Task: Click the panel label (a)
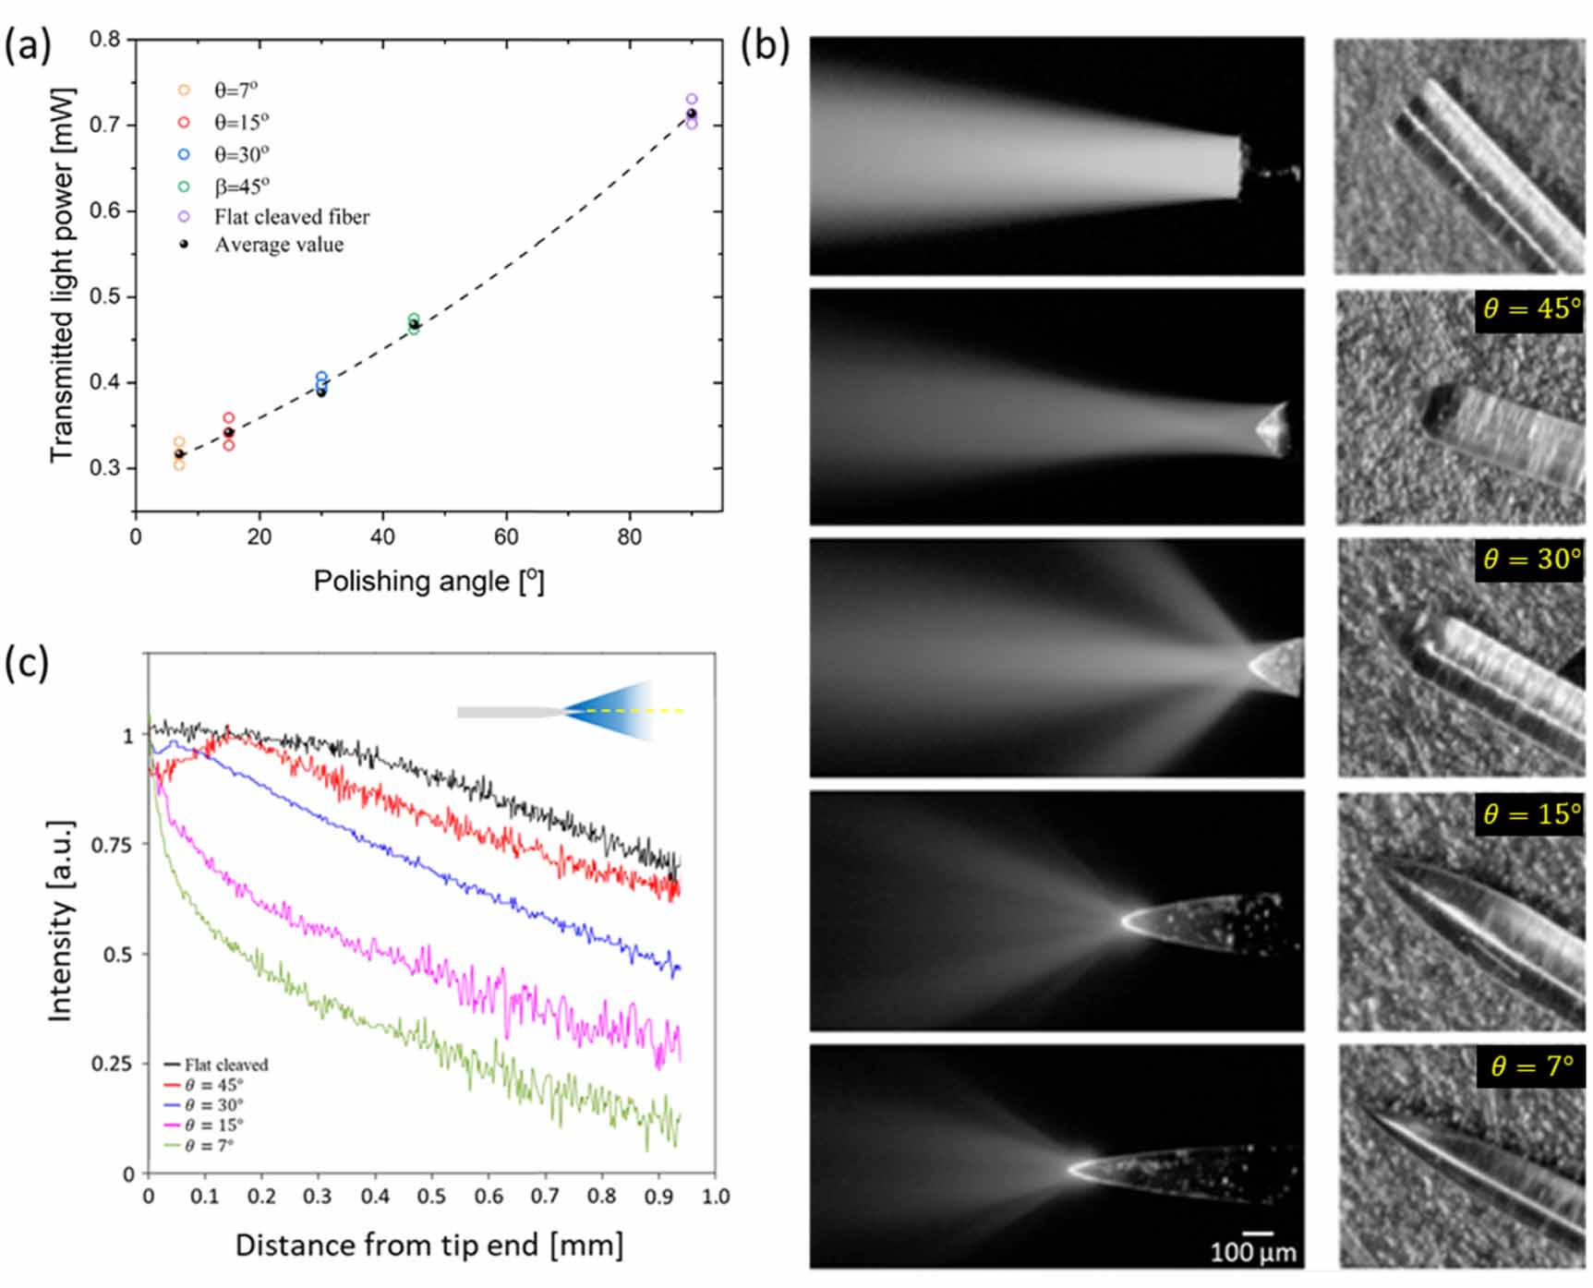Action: pos(27,44)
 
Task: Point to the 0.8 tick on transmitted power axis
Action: pos(104,40)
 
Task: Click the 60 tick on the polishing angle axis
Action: pos(506,537)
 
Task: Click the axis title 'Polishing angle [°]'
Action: pos(428,582)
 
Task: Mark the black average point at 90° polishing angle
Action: pos(692,114)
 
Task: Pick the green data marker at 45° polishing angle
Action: pos(414,319)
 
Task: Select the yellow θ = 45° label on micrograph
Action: pos(1530,309)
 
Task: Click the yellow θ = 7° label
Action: pos(1530,1066)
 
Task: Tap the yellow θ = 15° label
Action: pos(1530,814)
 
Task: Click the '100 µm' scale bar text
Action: pos(1253,1253)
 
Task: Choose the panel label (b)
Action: pos(765,44)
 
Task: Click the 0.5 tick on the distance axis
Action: pos(431,1197)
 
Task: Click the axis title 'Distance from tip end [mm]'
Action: pos(428,1246)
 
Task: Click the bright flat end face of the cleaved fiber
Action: pos(1239,167)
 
